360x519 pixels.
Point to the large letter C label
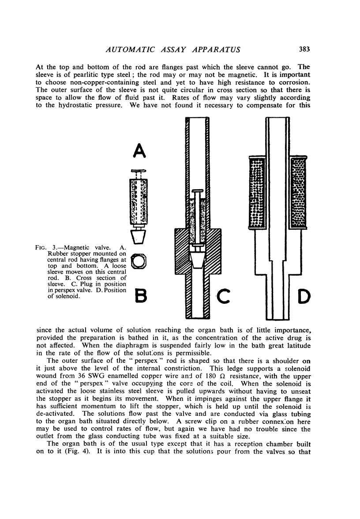(x=224, y=297)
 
